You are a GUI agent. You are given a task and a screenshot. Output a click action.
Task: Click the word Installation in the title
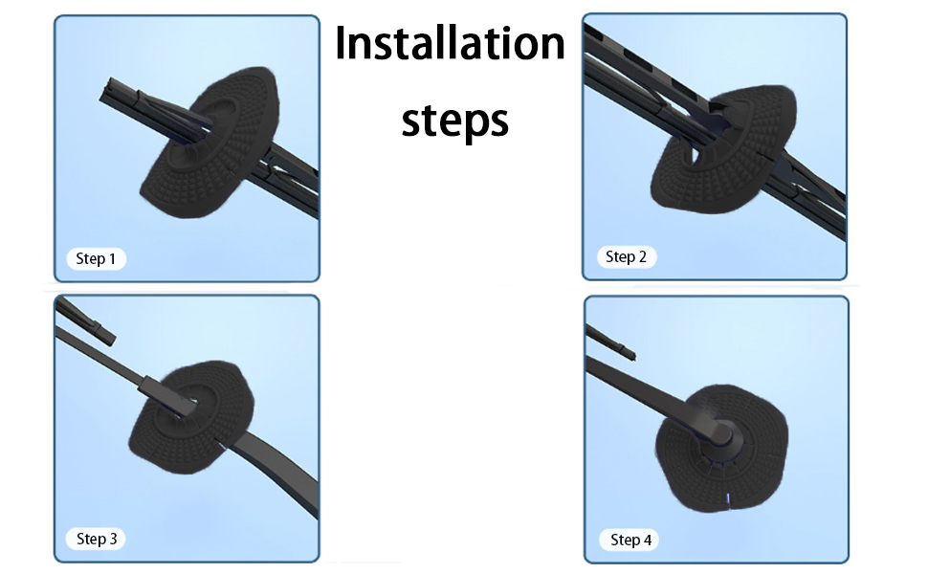coord(450,44)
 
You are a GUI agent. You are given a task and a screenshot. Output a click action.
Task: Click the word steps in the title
coord(454,121)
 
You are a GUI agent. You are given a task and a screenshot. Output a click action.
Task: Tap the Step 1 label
coord(96,258)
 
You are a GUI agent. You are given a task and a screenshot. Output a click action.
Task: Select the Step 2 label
coord(627,256)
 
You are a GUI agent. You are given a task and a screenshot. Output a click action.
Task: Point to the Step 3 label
coord(97,539)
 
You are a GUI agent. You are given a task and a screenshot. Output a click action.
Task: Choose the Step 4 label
coord(630,540)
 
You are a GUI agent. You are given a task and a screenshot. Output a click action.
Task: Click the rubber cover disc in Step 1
coord(210,142)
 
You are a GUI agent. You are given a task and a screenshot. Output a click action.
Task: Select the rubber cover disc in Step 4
coord(721,448)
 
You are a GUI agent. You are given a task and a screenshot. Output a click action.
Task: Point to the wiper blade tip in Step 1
coord(109,91)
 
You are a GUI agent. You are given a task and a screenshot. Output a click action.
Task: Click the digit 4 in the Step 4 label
coord(648,541)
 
